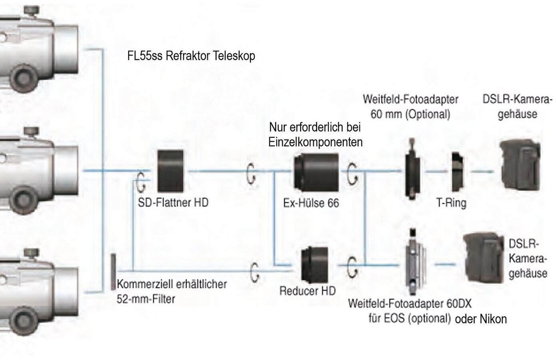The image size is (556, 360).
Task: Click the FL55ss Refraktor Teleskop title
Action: [x=191, y=56]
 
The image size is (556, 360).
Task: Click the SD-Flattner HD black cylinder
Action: [x=171, y=171]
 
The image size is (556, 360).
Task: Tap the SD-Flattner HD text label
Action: [x=173, y=203]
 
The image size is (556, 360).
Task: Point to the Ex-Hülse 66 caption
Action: [x=311, y=203]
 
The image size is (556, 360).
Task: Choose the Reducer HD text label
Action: [x=307, y=290]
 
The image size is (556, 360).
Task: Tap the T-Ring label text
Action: [x=451, y=203]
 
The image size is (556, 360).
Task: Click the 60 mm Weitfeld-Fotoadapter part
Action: [x=411, y=168]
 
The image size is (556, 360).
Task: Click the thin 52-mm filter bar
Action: [x=113, y=272]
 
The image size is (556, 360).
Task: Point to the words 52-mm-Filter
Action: [x=146, y=299]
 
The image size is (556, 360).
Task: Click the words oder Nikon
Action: [x=481, y=319]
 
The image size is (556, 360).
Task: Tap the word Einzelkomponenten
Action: [x=315, y=142]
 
